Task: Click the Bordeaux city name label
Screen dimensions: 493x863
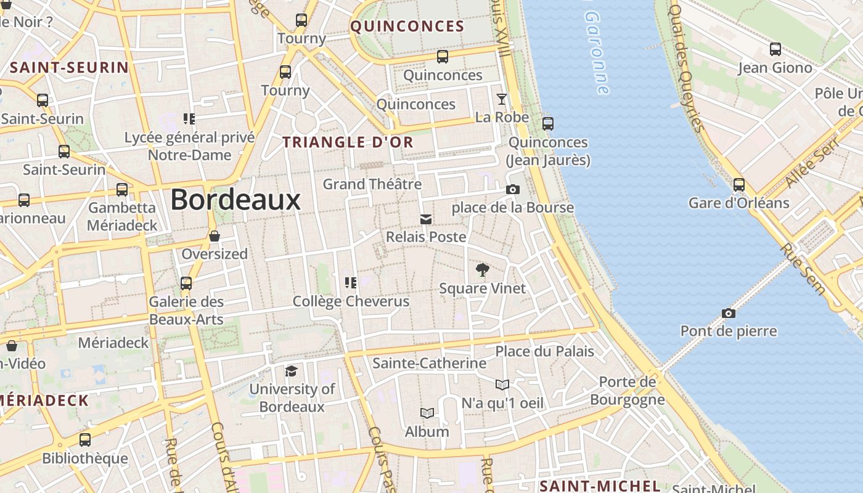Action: (235, 200)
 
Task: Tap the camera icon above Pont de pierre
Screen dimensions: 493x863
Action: (729, 313)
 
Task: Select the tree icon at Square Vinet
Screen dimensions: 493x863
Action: (483, 269)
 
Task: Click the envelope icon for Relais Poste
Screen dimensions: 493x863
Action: (425, 219)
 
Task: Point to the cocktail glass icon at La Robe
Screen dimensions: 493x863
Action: (502, 99)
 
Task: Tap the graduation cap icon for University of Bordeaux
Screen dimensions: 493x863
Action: (291, 370)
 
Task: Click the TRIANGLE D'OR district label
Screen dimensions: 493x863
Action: (348, 142)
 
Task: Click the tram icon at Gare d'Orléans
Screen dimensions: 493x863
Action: (738, 184)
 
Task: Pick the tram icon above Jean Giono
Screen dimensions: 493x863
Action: (775, 49)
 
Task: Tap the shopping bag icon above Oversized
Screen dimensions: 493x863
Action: (215, 236)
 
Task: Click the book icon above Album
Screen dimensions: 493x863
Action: (427, 413)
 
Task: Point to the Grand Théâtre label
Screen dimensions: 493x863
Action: (372, 184)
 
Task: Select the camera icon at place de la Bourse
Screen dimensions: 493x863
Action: (512, 189)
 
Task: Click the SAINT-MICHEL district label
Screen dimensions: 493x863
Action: (600, 486)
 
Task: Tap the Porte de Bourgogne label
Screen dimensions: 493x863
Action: (628, 391)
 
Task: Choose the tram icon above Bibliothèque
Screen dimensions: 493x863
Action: (85, 440)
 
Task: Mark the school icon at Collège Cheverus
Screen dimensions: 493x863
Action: (351, 282)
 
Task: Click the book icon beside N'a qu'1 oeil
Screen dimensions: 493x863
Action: (502, 385)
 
